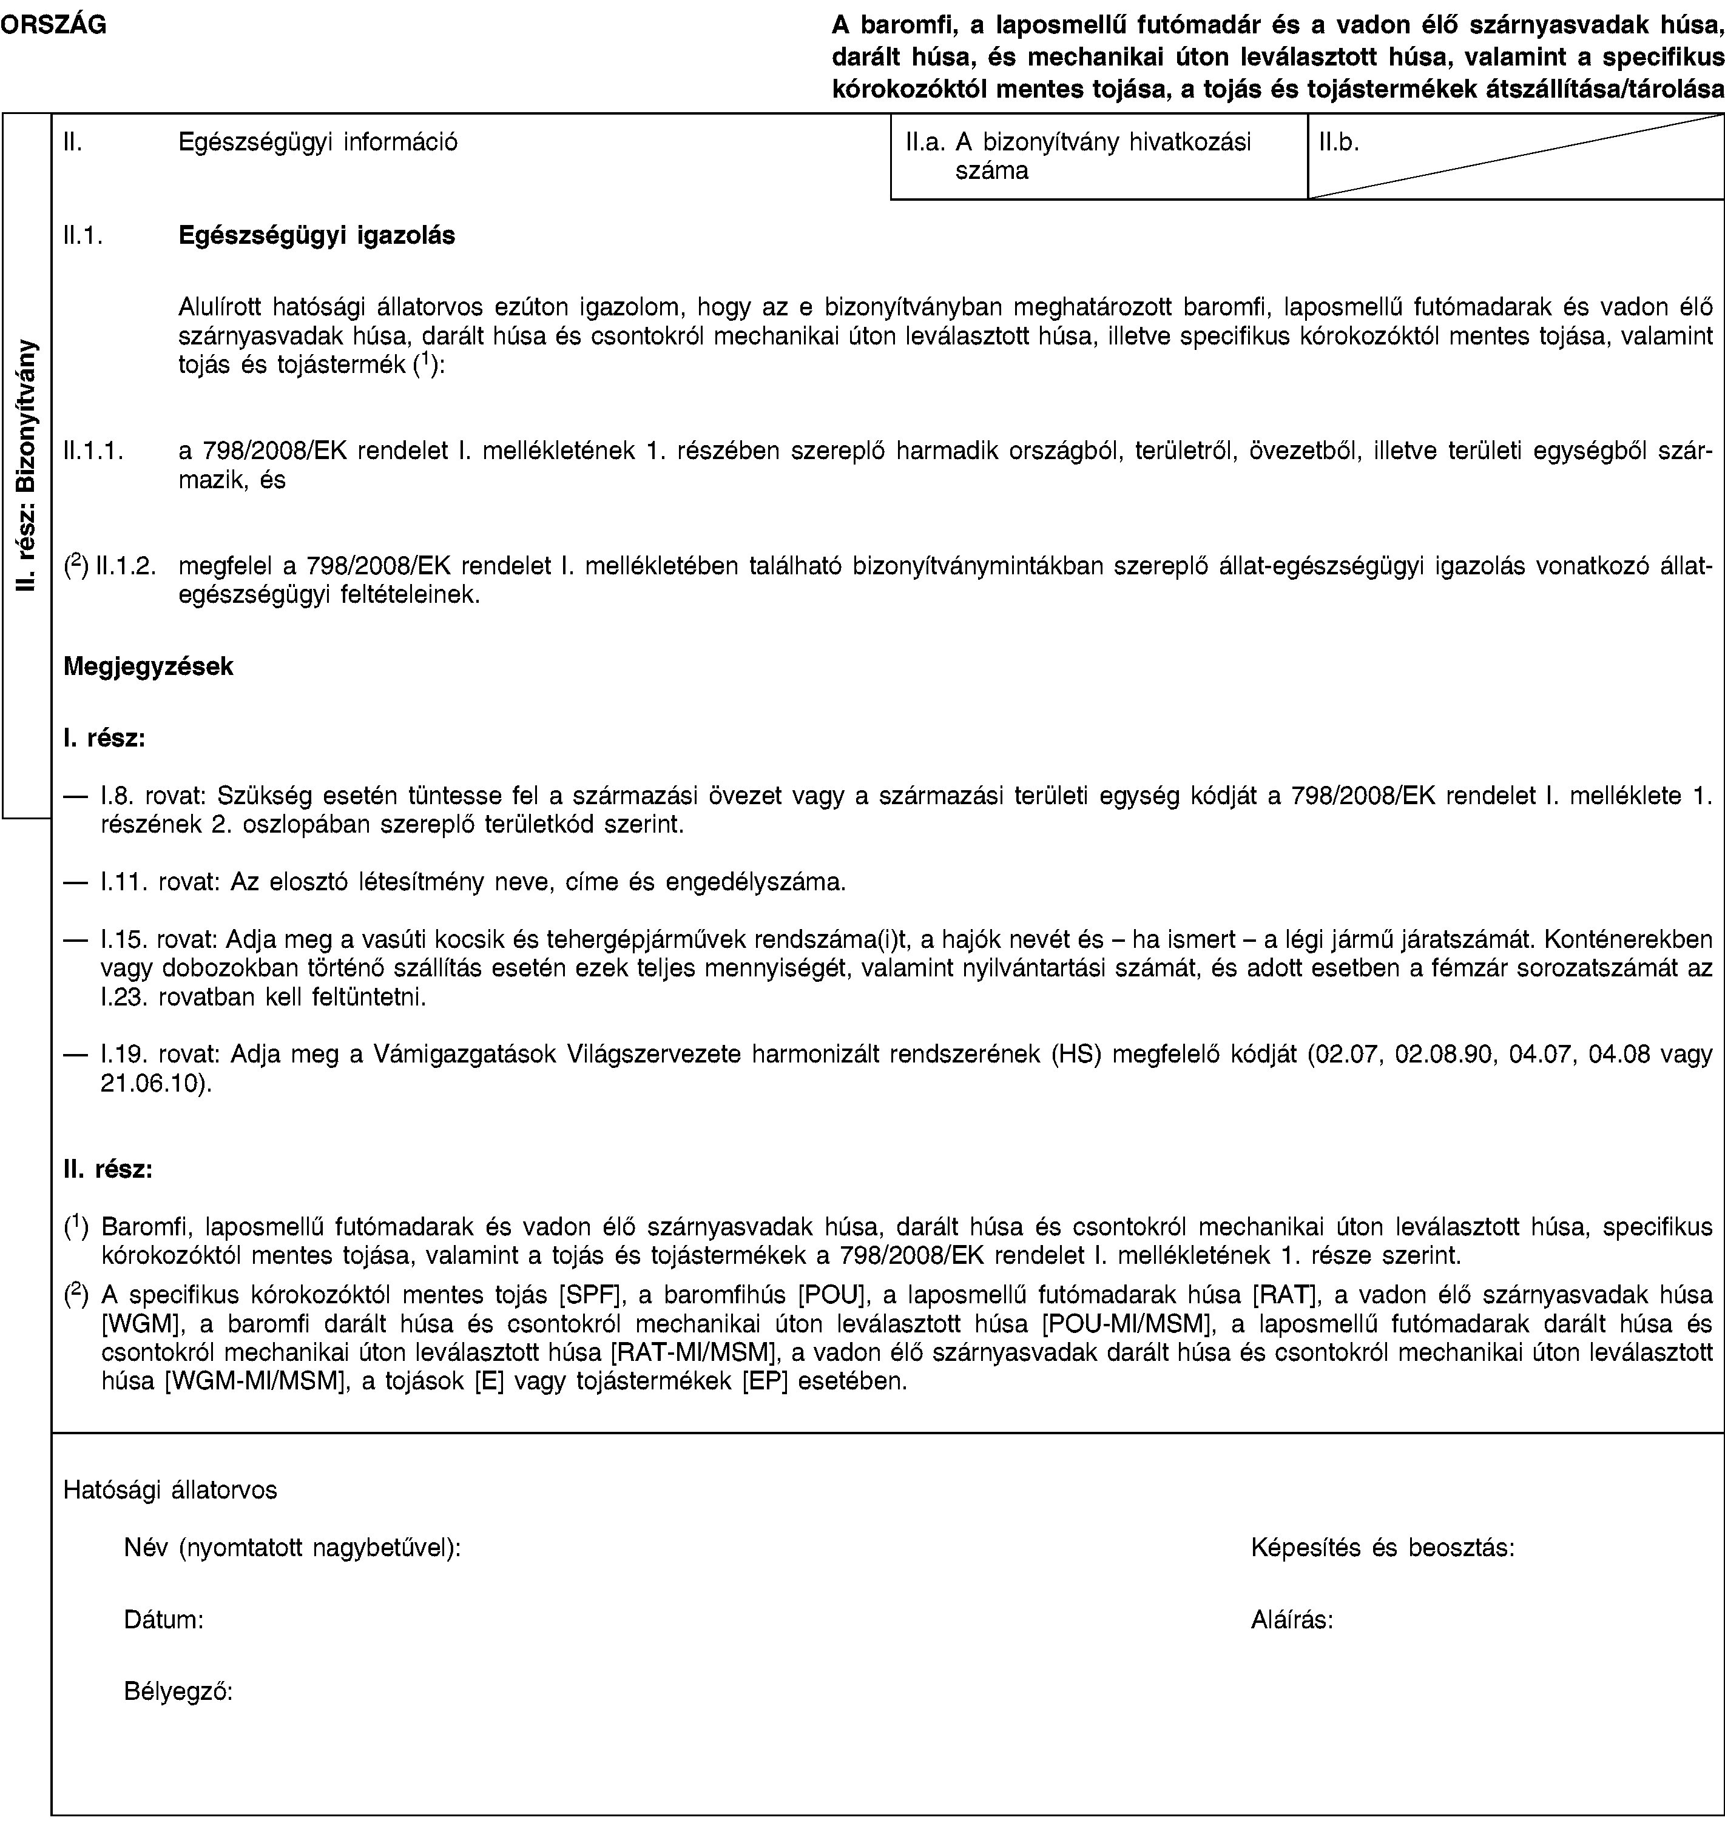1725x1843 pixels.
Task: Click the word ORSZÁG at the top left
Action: coord(53,27)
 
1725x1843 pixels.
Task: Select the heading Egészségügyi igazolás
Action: coord(316,235)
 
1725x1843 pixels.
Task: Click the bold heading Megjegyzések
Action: coord(149,666)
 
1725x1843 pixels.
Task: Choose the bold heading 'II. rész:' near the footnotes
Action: coord(107,1169)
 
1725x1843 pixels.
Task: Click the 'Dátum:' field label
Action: coord(165,1620)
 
